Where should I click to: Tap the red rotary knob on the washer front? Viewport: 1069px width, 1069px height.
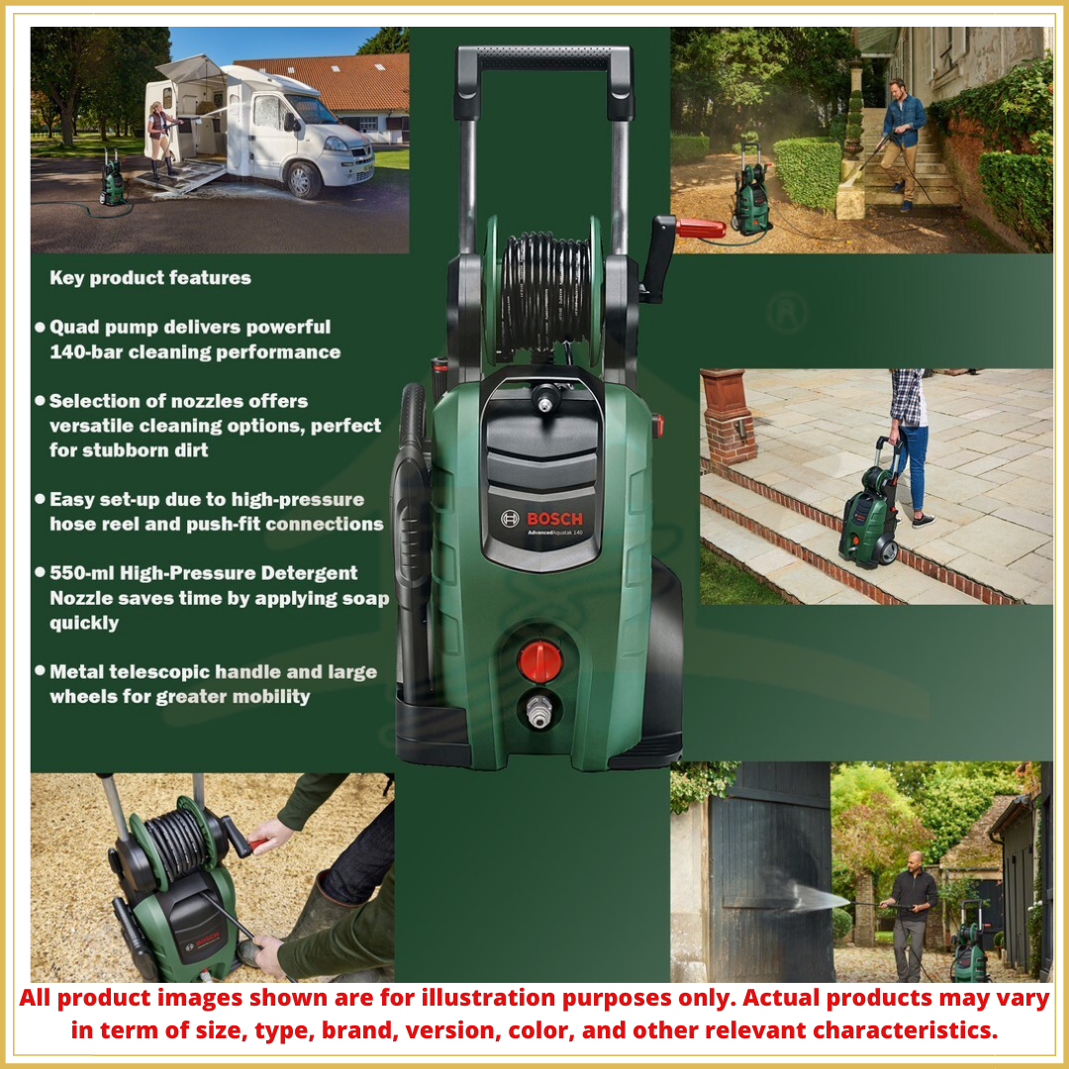click(x=540, y=660)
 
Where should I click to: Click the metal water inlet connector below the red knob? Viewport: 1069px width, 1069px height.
click(x=539, y=710)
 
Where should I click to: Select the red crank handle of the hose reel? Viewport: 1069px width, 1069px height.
click(x=700, y=229)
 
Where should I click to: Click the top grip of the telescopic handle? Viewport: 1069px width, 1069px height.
click(x=543, y=59)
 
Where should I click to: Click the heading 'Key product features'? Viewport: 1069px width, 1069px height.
click(x=150, y=278)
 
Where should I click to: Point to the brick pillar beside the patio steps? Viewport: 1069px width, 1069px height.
click(x=730, y=417)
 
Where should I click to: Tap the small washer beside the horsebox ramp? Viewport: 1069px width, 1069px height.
click(x=113, y=181)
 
